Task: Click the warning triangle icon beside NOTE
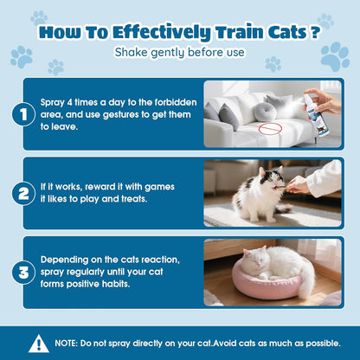point(39,344)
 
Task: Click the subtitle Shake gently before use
point(179,54)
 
